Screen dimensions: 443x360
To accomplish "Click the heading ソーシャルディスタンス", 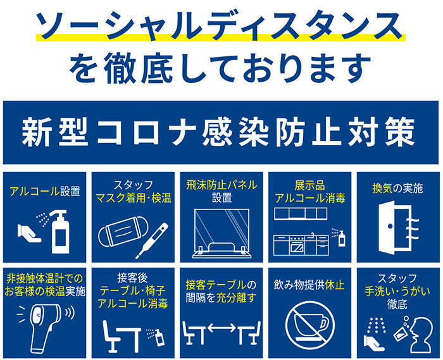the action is [220, 25].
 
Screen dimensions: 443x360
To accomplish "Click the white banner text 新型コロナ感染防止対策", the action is [218, 132].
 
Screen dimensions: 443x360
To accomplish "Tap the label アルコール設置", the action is [45, 191].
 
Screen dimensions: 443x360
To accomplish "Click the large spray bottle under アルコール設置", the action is [61, 232].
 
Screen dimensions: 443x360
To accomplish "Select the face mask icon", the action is [123, 232].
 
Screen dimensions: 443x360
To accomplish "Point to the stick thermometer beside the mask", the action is [152, 240].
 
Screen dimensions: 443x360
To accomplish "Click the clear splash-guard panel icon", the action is [221, 233].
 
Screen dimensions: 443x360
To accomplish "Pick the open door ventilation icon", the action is [398, 227].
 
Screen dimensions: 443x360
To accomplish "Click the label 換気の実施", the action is [397, 189].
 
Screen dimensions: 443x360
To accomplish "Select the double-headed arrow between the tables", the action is [221, 328].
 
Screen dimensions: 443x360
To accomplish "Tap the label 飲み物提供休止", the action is [309, 285].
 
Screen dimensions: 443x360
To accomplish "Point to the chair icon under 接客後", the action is [111, 336].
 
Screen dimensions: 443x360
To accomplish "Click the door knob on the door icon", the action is [390, 226].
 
